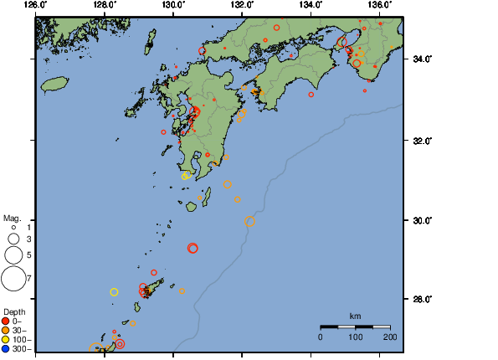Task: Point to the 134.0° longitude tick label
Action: (310, 4)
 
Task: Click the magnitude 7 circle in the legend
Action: (13, 278)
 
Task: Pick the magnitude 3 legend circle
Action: (13, 239)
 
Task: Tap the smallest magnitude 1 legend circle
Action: (13, 227)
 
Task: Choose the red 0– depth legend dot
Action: (6, 321)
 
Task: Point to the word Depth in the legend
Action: (14, 312)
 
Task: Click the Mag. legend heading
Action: (12, 218)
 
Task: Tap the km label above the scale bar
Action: (355, 316)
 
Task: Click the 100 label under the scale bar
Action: (355, 337)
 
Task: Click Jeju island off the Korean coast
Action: (54, 84)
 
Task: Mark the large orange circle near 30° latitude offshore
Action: (250, 222)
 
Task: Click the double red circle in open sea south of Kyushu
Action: (193, 248)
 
